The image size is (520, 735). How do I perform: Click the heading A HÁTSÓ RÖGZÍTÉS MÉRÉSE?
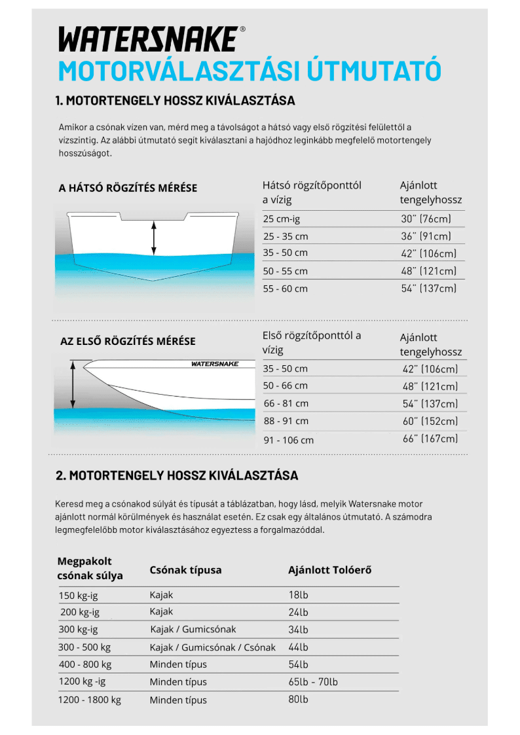click(x=128, y=188)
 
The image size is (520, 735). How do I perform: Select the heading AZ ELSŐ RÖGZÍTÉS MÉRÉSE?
click(x=128, y=341)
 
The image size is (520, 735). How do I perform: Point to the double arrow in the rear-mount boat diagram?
click(x=154, y=238)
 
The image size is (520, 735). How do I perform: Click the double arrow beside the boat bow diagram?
click(x=73, y=385)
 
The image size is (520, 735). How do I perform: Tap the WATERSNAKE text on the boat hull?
click(x=215, y=364)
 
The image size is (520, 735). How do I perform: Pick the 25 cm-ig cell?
click(x=282, y=219)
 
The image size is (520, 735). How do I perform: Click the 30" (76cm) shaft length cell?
click(x=426, y=219)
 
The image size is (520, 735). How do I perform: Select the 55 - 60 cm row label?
click(x=285, y=288)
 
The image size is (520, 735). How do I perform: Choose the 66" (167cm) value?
click(x=430, y=439)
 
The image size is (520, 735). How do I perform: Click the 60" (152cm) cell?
click(x=430, y=421)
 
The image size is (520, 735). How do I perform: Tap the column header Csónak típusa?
click(x=185, y=570)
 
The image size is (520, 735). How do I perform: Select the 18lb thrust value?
click(x=298, y=595)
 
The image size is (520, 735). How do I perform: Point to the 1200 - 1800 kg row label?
click(x=90, y=700)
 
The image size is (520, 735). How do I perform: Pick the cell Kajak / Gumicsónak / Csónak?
click(x=212, y=647)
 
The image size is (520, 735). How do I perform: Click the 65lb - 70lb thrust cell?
click(x=313, y=682)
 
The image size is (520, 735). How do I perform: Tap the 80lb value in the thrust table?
click(x=298, y=699)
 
